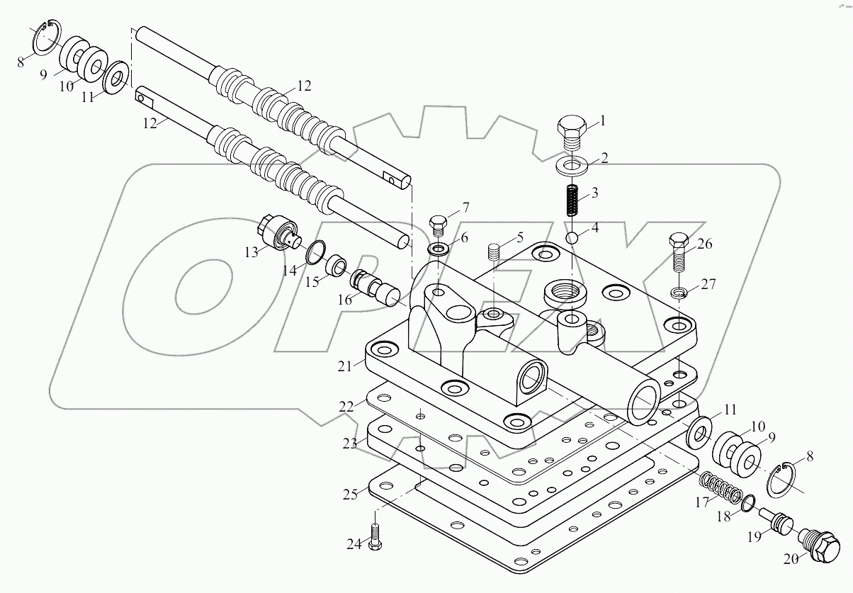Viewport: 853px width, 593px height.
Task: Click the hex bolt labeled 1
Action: click(x=571, y=132)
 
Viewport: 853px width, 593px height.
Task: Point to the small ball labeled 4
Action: click(x=573, y=235)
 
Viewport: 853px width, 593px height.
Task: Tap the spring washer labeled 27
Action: click(x=680, y=293)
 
